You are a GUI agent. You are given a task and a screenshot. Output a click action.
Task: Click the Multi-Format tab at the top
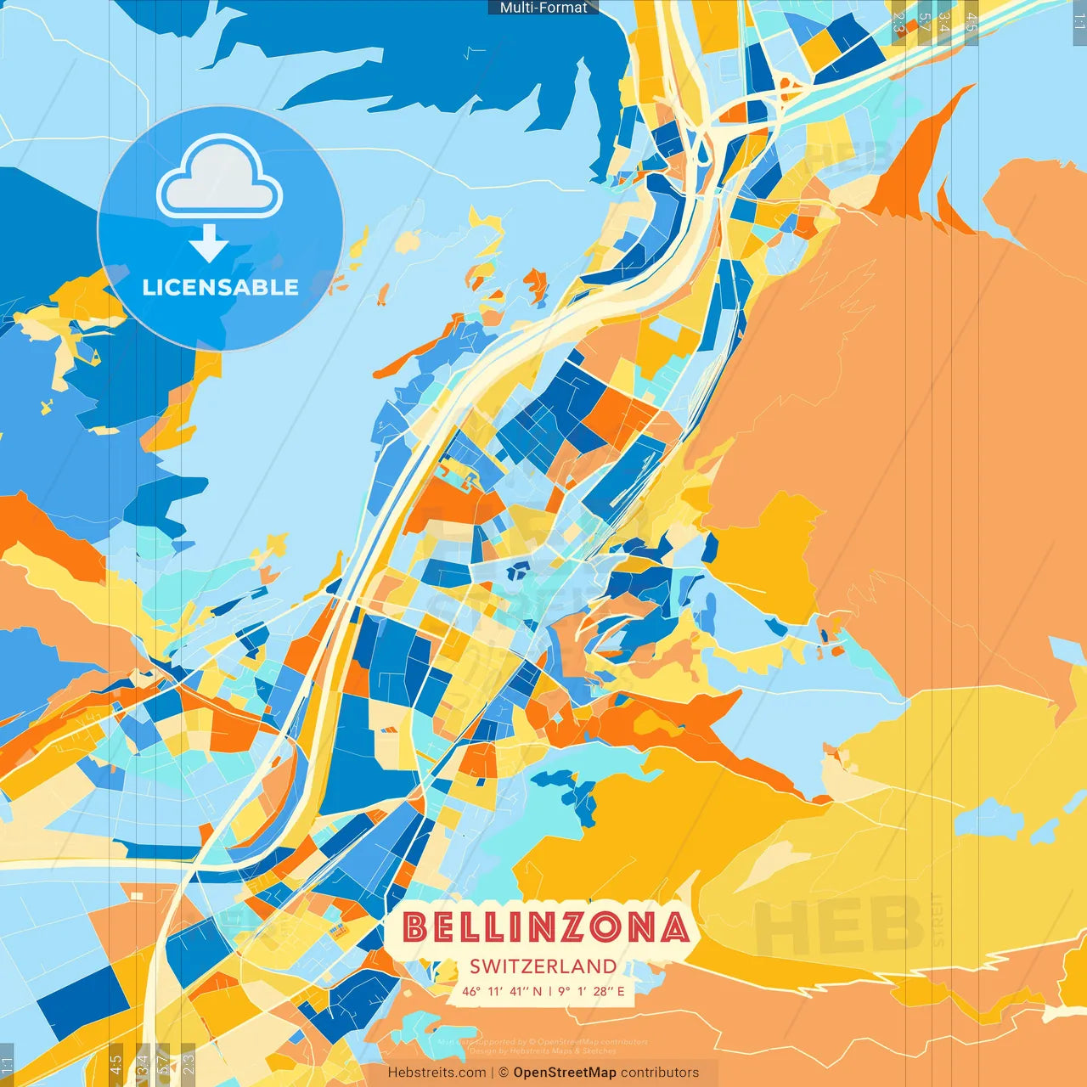click(543, 8)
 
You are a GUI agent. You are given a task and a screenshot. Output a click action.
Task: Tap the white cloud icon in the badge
click(220, 177)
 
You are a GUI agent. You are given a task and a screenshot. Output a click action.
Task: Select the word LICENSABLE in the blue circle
click(220, 287)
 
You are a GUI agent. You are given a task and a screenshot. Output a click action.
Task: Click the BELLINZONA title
click(545, 927)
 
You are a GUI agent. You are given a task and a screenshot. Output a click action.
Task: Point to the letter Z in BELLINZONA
click(576, 927)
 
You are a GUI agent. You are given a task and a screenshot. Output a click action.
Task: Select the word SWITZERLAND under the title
click(543, 966)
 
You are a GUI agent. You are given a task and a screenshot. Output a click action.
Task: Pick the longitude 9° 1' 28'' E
click(591, 991)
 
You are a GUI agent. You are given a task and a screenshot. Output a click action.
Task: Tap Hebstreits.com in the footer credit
click(436, 1073)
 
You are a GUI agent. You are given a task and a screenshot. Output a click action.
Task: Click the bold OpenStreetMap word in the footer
click(565, 1073)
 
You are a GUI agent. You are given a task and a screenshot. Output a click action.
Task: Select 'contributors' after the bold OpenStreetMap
click(660, 1073)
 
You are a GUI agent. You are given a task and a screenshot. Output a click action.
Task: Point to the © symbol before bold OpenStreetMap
click(504, 1073)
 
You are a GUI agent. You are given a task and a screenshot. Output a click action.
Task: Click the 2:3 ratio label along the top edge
click(898, 22)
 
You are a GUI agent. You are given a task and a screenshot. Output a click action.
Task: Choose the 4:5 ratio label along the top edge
click(972, 22)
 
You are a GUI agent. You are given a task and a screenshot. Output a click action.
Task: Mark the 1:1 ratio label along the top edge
click(1079, 22)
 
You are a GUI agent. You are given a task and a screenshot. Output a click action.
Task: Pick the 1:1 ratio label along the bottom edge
click(8, 1064)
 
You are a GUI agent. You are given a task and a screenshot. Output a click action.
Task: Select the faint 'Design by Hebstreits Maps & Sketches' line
click(543, 1051)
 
